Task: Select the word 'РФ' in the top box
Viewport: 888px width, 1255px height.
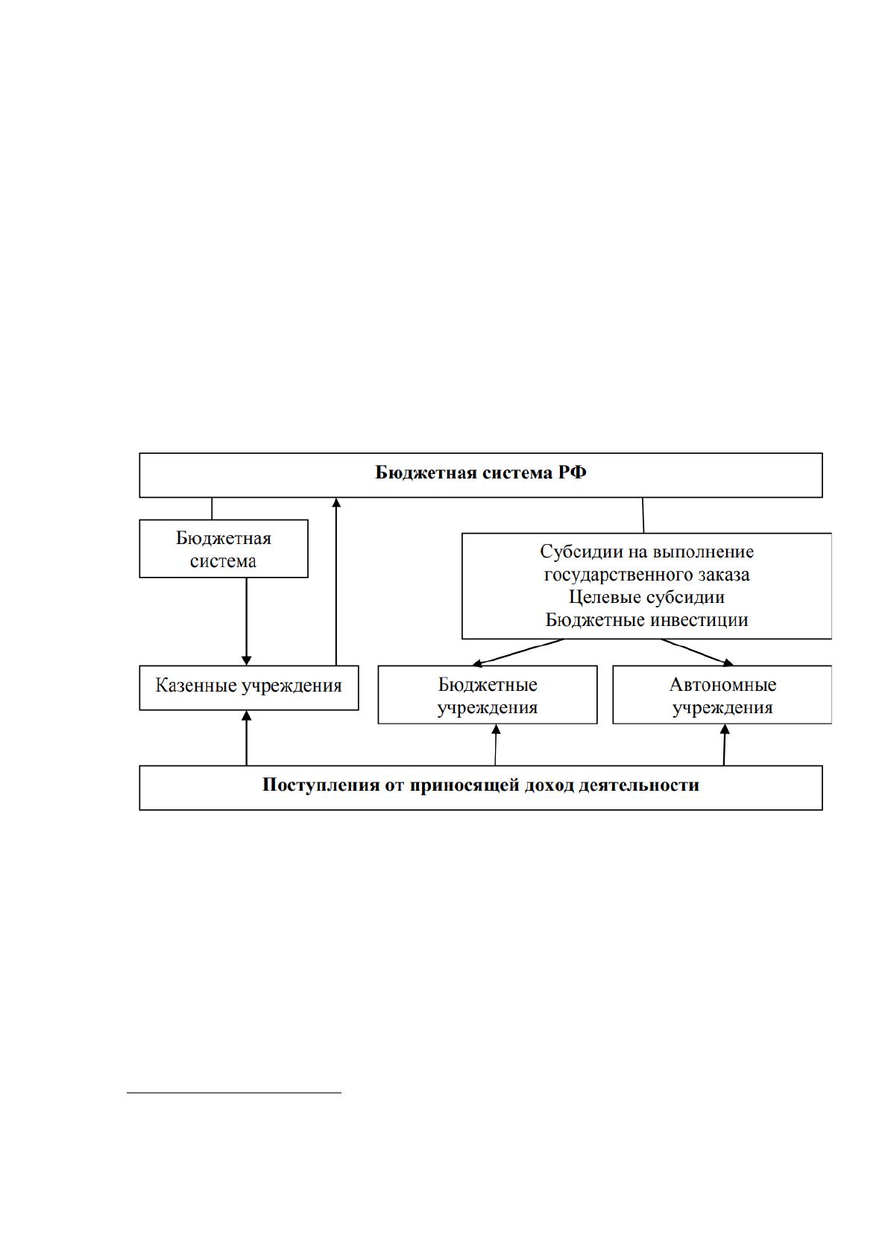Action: click(x=572, y=472)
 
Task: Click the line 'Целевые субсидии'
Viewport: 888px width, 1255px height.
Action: click(x=646, y=597)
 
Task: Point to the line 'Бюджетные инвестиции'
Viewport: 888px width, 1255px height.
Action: click(x=646, y=619)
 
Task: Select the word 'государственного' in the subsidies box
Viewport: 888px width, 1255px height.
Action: click(x=610, y=575)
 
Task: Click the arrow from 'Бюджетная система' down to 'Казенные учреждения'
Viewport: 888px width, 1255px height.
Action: click(x=246, y=622)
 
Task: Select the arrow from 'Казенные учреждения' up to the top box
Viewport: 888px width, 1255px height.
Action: click(x=336, y=581)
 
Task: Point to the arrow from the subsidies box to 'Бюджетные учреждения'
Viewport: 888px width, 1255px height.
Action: click(x=518, y=652)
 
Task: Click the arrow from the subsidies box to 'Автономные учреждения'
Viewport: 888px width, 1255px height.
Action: click(x=697, y=652)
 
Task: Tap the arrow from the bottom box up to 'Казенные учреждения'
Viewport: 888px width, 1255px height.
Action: click(x=246, y=738)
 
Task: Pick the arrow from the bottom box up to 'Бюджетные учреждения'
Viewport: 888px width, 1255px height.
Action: click(x=496, y=745)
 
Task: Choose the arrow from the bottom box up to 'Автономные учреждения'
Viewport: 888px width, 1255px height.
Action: click(x=724, y=745)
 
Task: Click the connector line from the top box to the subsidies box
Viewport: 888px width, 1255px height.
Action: click(x=643, y=515)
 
